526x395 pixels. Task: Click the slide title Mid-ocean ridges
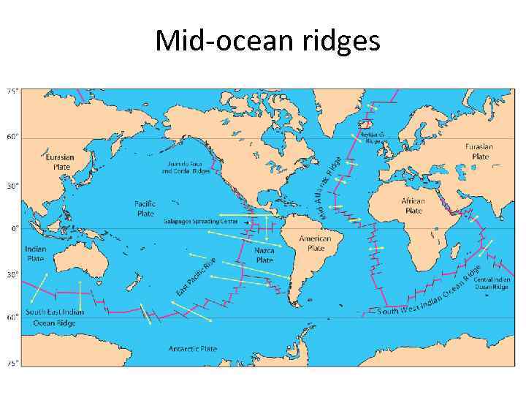click(267, 41)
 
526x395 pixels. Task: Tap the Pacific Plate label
click(145, 208)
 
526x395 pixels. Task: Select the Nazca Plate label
click(264, 255)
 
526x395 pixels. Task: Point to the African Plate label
click(413, 206)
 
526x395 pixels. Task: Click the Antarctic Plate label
click(194, 348)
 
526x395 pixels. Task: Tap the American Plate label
click(316, 243)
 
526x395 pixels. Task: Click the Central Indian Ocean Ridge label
click(491, 283)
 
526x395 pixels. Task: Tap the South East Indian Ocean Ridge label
click(55, 317)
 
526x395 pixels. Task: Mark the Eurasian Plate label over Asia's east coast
click(60, 161)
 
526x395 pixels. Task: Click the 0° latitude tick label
click(14, 229)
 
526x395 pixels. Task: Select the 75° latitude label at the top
click(13, 91)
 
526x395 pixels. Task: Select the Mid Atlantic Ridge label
click(329, 187)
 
